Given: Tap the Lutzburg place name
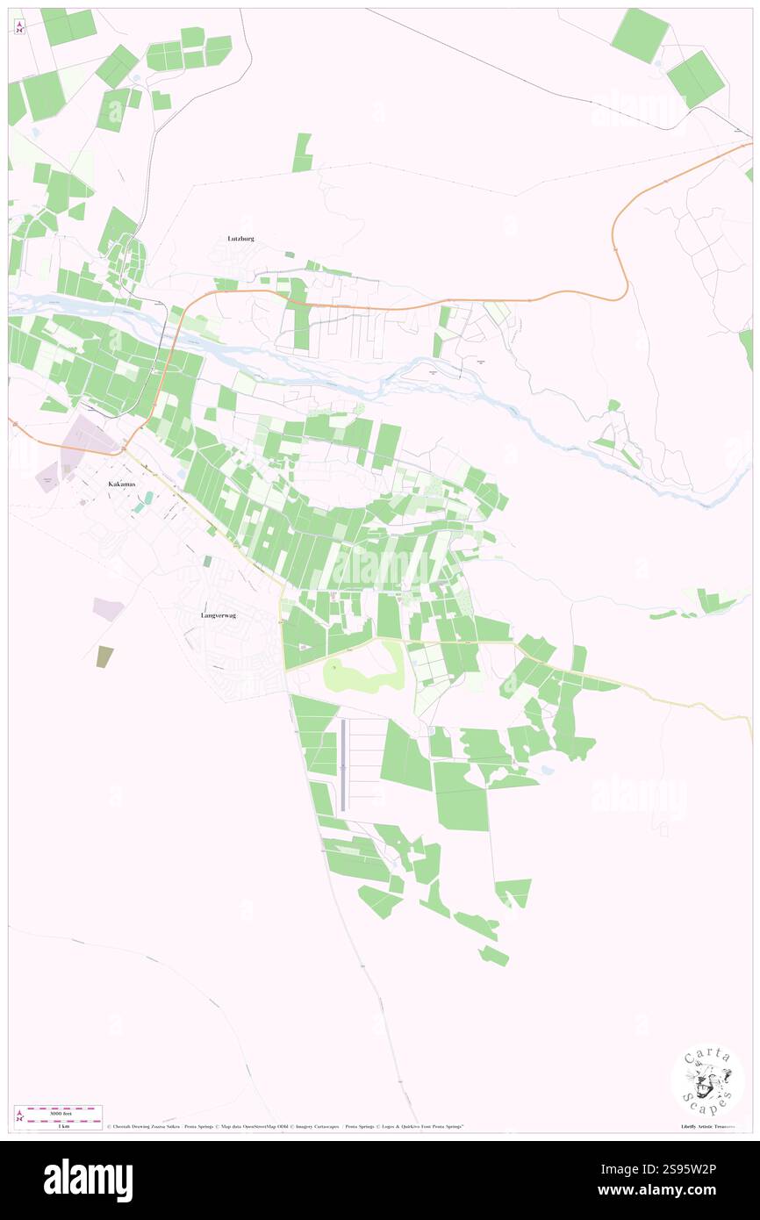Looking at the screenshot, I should point(240,238).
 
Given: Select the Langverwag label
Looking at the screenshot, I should point(218,615).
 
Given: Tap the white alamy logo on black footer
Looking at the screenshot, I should point(88,1180).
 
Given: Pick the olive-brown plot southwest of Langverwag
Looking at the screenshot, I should point(104,657).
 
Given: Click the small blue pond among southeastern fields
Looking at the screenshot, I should point(548,771).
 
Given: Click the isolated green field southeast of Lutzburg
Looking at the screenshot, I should point(303,152).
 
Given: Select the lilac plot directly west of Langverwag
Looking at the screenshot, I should point(108,609).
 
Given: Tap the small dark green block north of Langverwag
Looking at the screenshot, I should point(207,560).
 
